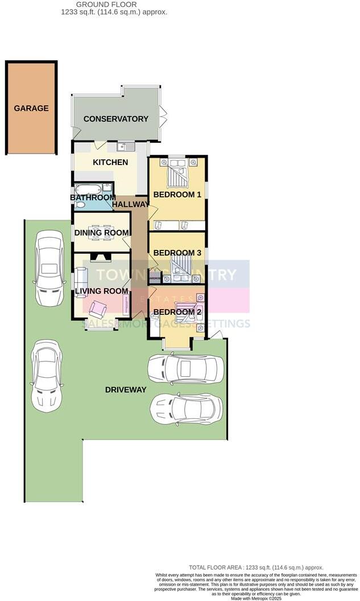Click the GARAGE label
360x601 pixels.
[31, 108]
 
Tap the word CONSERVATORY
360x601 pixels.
[115, 119]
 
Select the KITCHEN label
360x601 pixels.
[110, 163]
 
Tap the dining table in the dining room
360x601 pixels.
[102, 232]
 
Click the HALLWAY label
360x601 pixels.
[130, 204]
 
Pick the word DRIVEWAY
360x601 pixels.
[126, 390]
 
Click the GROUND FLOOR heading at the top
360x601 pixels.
[114, 5]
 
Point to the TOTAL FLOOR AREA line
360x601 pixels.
[256, 567]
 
